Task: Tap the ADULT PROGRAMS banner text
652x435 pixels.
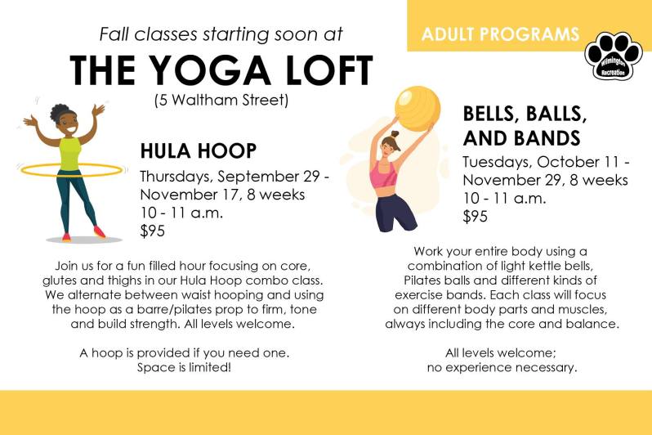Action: coord(500,34)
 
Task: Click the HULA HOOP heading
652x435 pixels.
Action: coord(199,151)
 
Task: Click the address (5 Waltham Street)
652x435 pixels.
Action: coord(221,101)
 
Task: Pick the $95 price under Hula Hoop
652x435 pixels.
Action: coord(152,231)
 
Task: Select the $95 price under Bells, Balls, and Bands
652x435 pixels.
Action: coord(476,217)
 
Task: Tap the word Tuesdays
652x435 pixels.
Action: coord(499,162)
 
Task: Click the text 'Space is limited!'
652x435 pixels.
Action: coord(184,367)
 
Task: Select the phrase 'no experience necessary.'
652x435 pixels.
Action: coord(502,367)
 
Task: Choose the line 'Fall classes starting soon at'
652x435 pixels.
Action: coord(221,34)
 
